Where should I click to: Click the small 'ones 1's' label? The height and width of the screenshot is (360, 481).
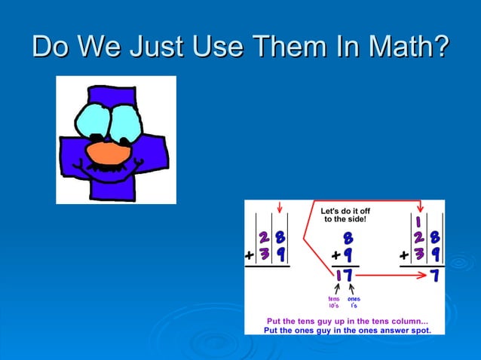353,302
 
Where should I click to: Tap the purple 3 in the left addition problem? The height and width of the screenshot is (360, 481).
265,255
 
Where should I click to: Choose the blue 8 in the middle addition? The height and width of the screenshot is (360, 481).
348,238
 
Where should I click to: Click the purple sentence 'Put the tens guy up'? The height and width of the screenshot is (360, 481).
348,321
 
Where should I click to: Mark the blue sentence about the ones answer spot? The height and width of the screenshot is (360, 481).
348,330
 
